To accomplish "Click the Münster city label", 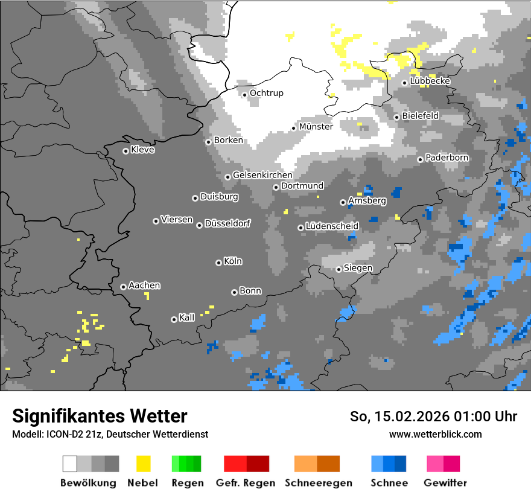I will pyautogui.click(x=316, y=127).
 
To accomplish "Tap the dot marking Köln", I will pyautogui.click(x=218, y=263).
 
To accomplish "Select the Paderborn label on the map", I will pyautogui.click(x=447, y=158).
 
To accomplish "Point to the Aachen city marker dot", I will pyautogui.click(x=123, y=287).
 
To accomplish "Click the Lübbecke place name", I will pyautogui.click(x=430, y=81).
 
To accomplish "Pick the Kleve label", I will pyautogui.click(x=142, y=150).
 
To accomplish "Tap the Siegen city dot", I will pyautogui.click(x=339, y=269).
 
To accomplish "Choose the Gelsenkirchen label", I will pyautogui.click(x=262, y=175).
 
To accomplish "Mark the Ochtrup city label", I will pyautogui.click(x=266, y=93).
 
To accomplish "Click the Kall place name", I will pyautogui.click(x=187, y=318).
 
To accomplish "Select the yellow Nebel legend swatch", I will pyautogui.click(x=143, y=464).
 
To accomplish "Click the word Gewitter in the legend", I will pyautogui.click(x=445, y=483).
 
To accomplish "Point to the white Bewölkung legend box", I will pyautogui.click(x=70, y=464).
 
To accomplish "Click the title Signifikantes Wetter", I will pyautogui.click(x=100, y=416).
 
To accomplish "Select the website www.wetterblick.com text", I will pyautogui.click(x=435, y=434).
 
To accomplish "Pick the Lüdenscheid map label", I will pyautogui.click(x=332, y=226).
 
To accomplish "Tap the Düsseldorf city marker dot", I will pyautogui.click(x=199, y=225).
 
